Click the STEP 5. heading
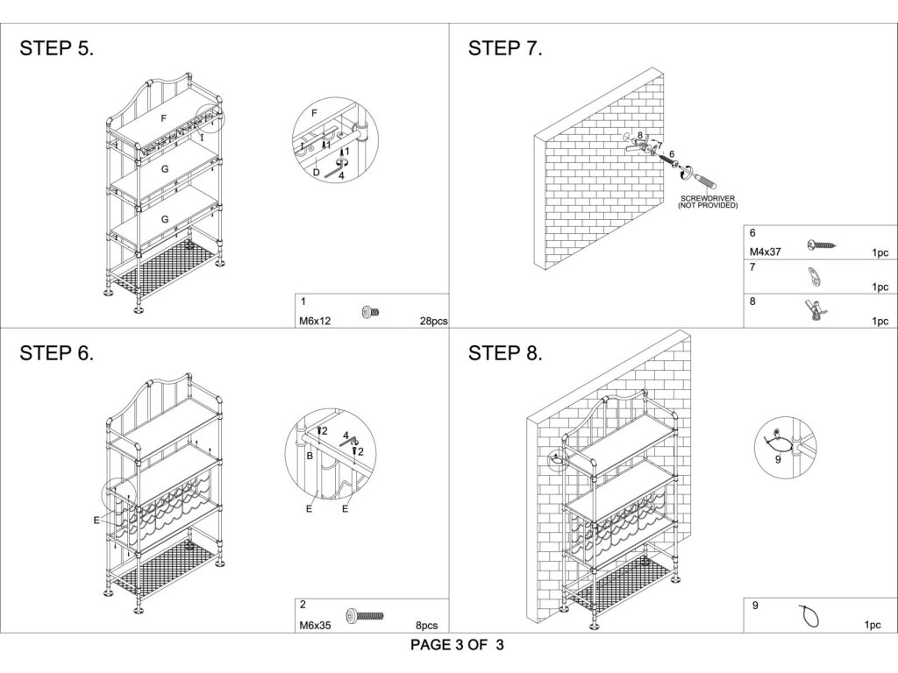pos(57,48)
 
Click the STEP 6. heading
pos(57,353)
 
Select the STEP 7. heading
pos(505,48)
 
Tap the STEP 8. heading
pos(505,353)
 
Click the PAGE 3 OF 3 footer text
pos(457,645)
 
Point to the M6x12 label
pos(315,321)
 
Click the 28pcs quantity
pos(433,321)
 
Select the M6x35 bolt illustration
pos(365,616)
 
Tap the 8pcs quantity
pos(427,626)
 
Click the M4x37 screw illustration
pos(822,245)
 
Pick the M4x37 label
pos(765,251)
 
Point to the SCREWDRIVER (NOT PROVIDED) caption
pos(708,202)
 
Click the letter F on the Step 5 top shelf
pos(164,118)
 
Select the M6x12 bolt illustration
pos(371,312)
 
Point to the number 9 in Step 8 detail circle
pos(778,459)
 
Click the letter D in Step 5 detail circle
pos(316,173)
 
